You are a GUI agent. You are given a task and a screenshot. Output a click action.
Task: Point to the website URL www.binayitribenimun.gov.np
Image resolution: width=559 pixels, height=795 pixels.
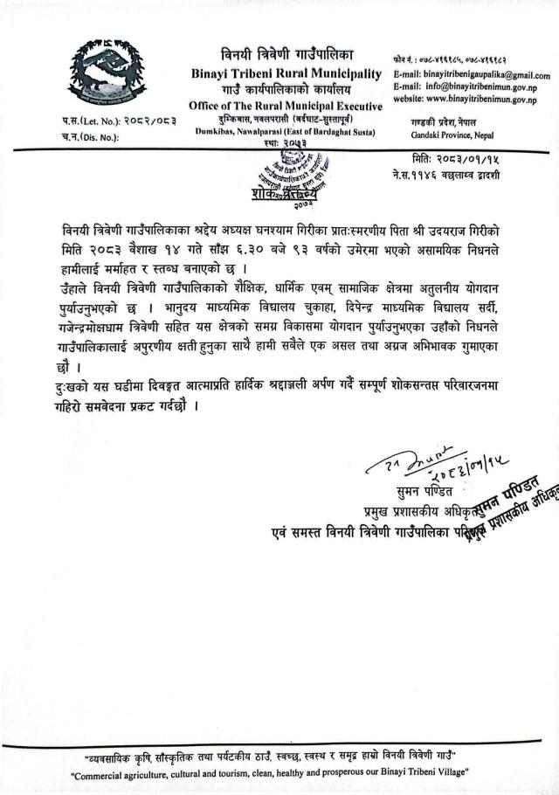pos(484,100)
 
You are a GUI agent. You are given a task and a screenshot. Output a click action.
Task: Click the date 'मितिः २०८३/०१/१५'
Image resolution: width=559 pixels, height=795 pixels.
pos(461,160)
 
